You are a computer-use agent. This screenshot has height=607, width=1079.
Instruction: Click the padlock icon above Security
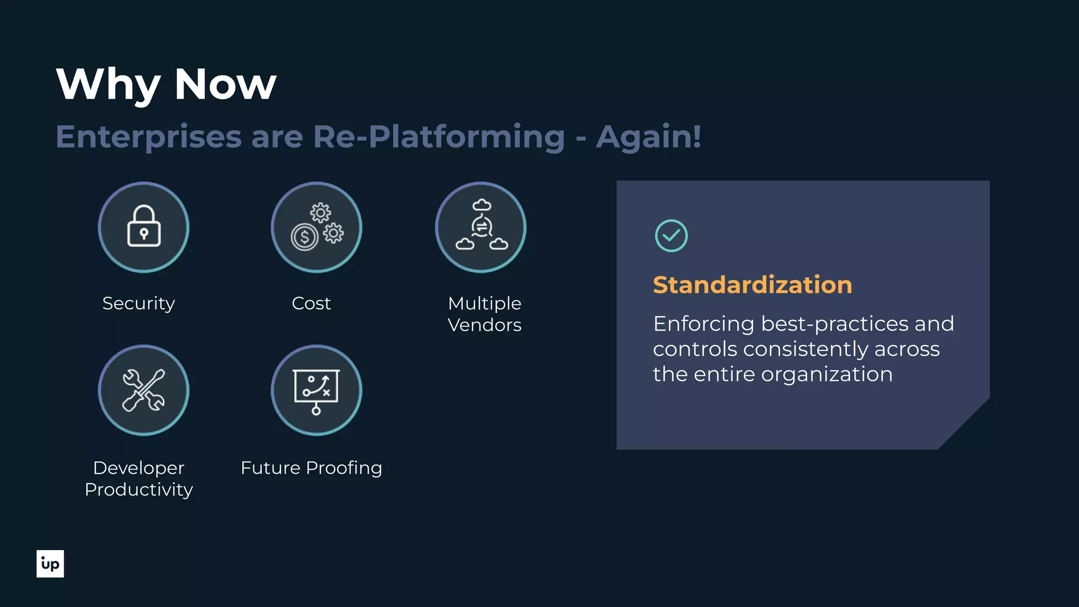click(x=143, y=227)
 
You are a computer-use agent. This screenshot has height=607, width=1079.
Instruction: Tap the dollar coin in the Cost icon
click(x=305, y=237)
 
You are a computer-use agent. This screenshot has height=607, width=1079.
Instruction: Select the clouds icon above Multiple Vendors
click(x=481, y=227)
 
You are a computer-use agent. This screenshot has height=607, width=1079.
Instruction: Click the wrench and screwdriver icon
click(x=143, y=390)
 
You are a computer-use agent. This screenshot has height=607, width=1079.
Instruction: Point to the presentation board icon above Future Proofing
click(x=316, y=390)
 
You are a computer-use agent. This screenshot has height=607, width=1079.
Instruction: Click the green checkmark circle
click(x=671, y=236)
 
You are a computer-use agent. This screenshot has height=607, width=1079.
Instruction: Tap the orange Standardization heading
click(x=752, y=285)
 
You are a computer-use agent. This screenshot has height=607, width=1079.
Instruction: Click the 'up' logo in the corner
click(x=50, y=564)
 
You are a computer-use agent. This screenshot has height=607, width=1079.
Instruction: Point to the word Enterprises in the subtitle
click(x=149, y=137)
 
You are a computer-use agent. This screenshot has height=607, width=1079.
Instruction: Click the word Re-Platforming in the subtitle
click(x=438, y=137)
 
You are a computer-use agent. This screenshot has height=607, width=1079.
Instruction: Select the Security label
click(x=139, y=303)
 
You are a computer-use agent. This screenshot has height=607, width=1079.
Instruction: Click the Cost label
click(x=311, y=303)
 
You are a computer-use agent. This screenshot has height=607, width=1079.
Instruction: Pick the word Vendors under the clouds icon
click(x=484, y=325)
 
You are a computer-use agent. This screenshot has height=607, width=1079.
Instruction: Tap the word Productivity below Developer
click(x=139, y=490)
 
